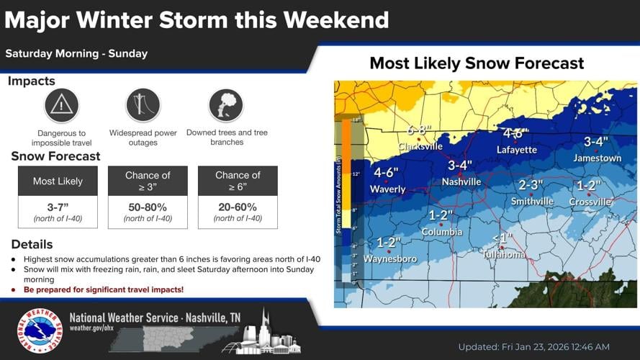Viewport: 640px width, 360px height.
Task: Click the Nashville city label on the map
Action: click(461, 182)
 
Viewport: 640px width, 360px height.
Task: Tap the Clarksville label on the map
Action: click(420, 146)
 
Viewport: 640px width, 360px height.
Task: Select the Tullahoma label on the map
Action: click(505, 255)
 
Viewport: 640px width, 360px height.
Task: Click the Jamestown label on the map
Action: click(597, 158)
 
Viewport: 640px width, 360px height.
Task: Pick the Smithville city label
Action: click(532, 202)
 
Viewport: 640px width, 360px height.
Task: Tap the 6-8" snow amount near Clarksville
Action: click(419, 130)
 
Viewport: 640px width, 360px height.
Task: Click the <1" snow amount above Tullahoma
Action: click(502, 239)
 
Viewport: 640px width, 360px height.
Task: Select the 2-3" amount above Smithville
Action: click(531, 185)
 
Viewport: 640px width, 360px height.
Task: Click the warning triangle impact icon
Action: click(61, 106)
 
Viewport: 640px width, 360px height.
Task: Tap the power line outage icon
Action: click(143, 106)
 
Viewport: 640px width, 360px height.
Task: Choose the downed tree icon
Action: click(225, 106)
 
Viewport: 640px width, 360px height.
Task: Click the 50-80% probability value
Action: click(148, 207)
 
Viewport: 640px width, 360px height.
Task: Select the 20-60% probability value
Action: click(238, 207)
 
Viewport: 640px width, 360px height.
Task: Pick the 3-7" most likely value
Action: click(58, 207)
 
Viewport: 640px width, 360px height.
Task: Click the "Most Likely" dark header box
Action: click(58, 181)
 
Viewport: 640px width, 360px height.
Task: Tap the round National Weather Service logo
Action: click(40, 331)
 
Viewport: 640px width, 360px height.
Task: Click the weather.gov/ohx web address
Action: click(91, 328)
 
